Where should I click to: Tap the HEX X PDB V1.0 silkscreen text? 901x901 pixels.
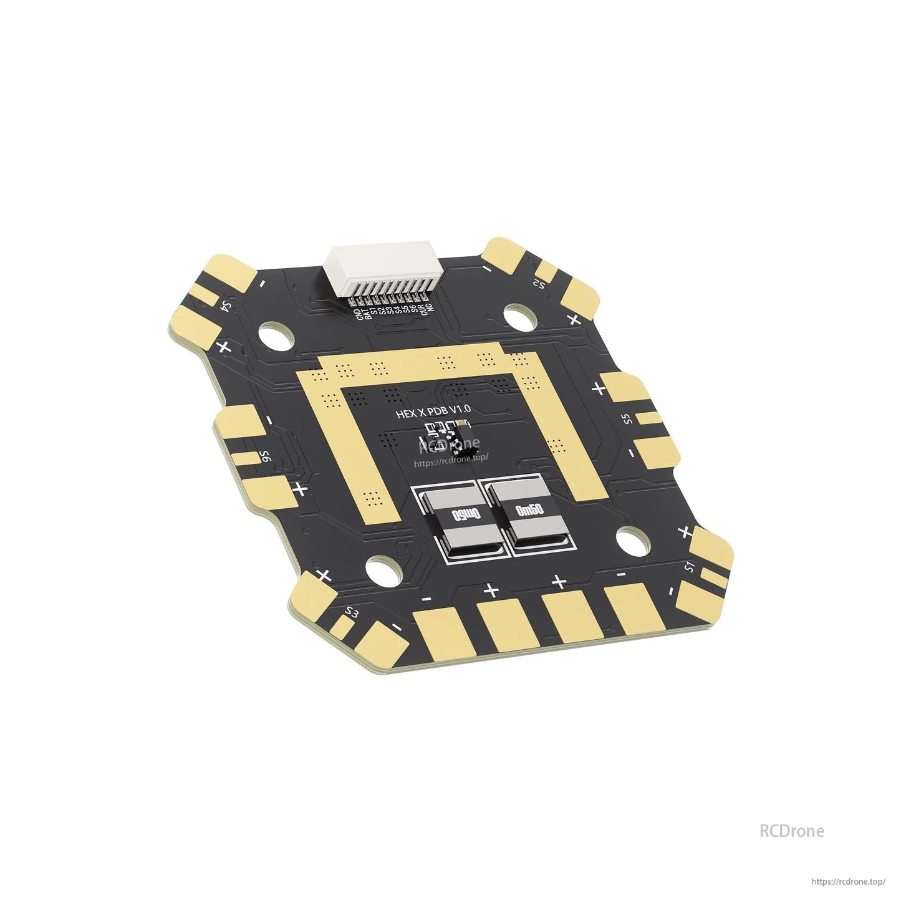click(433, 412)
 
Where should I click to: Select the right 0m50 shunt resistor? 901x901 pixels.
click(529, 510)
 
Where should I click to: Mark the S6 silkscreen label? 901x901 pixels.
click(265, 457)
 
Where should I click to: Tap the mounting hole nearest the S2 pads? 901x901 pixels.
click(519, 317)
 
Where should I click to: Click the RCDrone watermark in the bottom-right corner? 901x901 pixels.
click(791, 831)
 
